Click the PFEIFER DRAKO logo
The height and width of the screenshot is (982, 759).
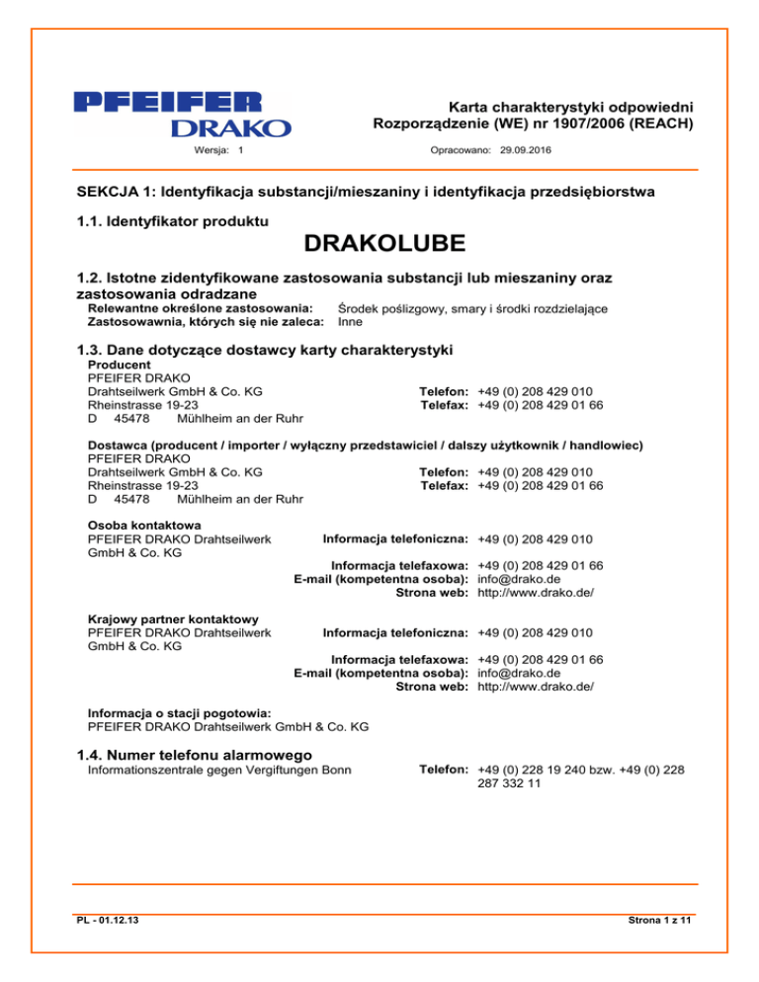pyautogui.click(x=182, y=114)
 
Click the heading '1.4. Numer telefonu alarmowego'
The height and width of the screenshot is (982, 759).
pyautogui.click(x=208, y=756)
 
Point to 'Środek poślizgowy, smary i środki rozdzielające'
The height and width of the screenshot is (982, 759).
pyautogui.click(x=472, y=308)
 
